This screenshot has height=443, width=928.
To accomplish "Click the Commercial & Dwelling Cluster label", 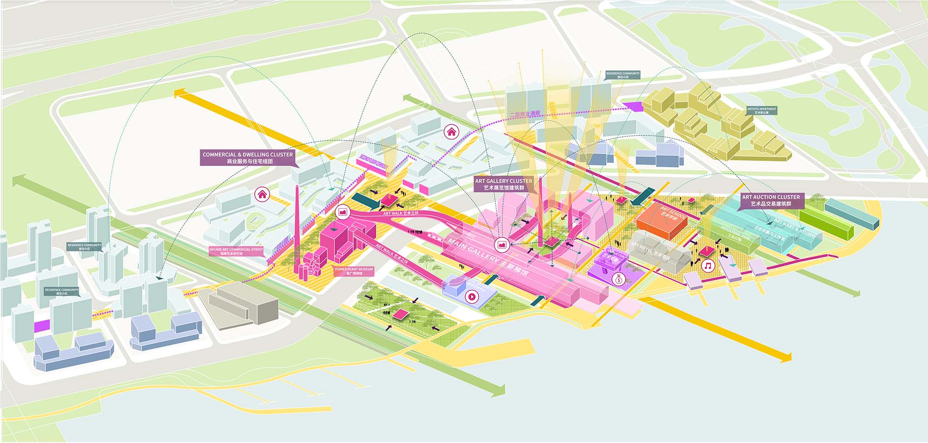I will coord(248,158).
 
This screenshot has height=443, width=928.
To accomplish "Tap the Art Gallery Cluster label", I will coord(503,184).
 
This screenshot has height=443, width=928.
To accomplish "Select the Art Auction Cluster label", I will coord(771,200).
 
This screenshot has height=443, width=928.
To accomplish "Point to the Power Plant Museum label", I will coord(354,271).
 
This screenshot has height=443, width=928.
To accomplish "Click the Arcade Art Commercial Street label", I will coord(236,251).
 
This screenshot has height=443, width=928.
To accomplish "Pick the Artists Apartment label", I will coord(761,110).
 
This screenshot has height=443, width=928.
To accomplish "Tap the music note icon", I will coord(708,266).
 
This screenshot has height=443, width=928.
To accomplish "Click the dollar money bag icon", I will coord(619,279).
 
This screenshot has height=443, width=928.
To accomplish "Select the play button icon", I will coord(472,296).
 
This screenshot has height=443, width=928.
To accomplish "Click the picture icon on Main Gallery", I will coord(502,244).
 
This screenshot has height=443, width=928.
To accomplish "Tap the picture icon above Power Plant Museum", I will coord(343,212).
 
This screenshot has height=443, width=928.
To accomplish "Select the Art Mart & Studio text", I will coord(794,228).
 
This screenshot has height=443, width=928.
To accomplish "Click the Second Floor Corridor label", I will coord(373,163).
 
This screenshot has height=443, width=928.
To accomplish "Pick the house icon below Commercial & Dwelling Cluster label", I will coord(262,194).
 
